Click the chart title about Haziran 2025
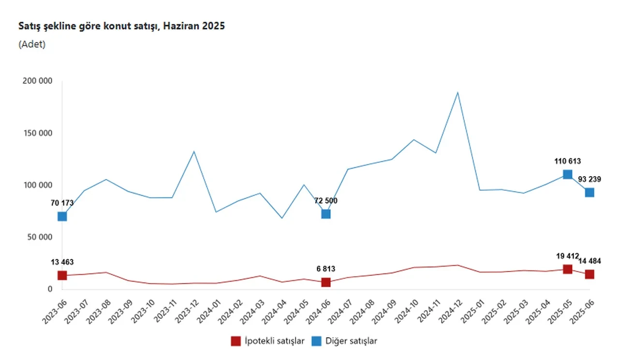point(121,26)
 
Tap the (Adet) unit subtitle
point(32,44)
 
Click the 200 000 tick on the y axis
point(37,81)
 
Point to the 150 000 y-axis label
point(37,133)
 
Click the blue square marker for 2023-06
point(62,216)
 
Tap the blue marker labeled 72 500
point(326,214)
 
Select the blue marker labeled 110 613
point(567,174)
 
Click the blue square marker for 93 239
point(590,192)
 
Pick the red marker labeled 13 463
point(62,275)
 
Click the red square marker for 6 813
point(326,282)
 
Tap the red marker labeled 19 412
point(567,269)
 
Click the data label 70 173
point(62,203)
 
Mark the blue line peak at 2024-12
point(457,92)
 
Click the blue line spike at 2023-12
point(194,151)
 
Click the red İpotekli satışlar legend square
point(236,341)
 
